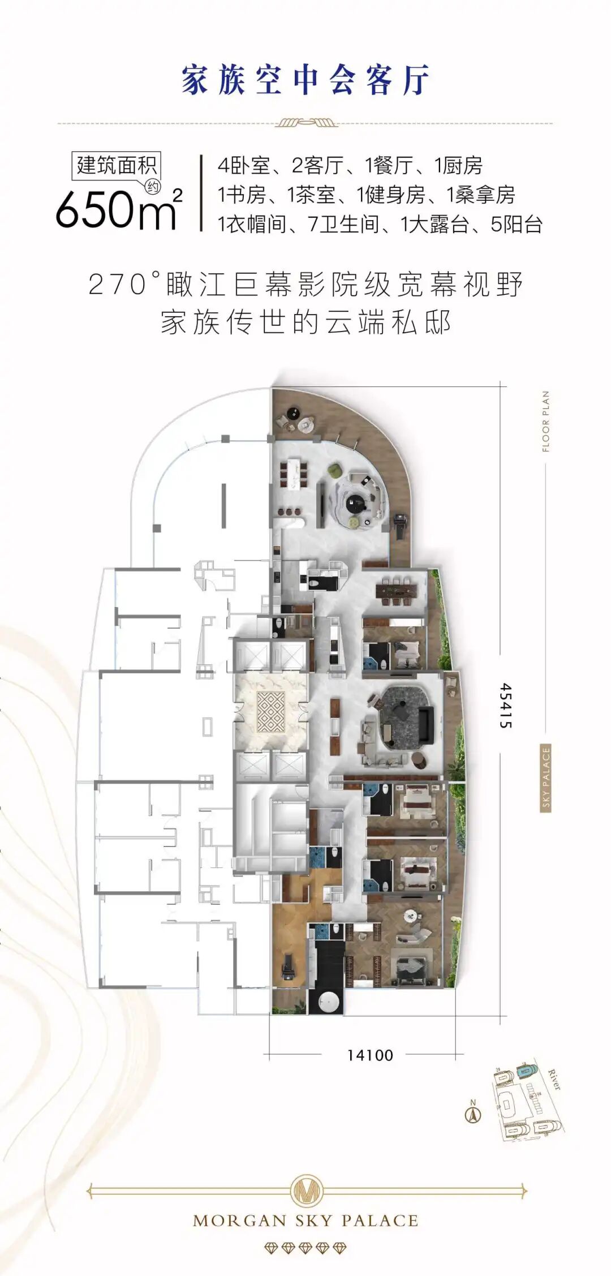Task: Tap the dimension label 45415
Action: click(506, 705)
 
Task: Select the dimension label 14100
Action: click(370, 1055)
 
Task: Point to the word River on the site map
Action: click(554, 1080)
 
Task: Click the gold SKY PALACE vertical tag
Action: click(546, 777)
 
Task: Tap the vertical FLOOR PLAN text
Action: click(546, 421)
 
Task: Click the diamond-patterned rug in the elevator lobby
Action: click(271, 712)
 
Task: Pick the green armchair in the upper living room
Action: click(335, 469)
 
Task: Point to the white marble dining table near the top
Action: click(292, 474)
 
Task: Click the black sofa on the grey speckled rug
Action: click(424, 725)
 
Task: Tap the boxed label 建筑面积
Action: click(117, 165)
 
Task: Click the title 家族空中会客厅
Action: click(305, 80)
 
